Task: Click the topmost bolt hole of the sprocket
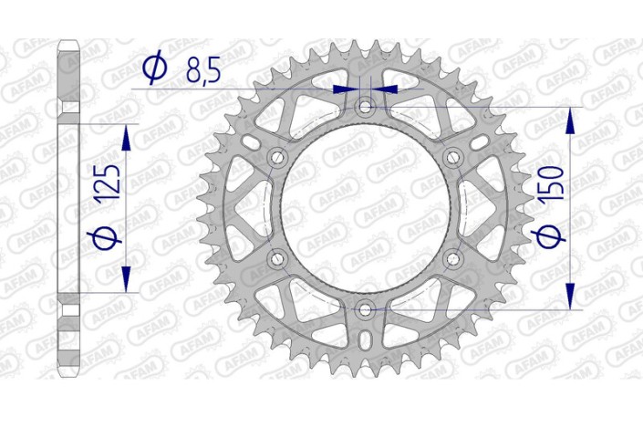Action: (x=366, y=108)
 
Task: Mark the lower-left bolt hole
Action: (x=278, y=260)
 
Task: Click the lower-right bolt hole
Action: (x=453, y=260)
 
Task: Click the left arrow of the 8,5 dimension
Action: (x=345, y=89)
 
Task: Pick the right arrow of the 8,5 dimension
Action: (x=388, y=89)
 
